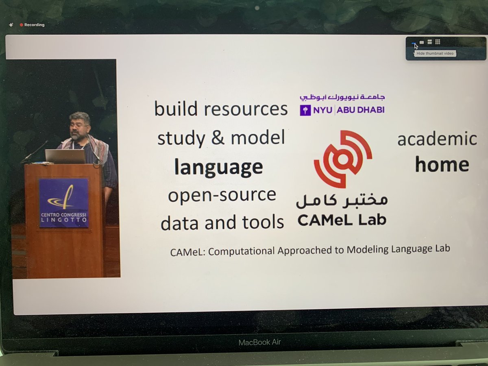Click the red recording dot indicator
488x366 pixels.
[x=22, y=25]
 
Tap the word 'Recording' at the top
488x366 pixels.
[x=34, y=25]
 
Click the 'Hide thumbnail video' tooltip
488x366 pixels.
[x=434, y=54]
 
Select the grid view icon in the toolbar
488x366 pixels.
[x=438, y=42]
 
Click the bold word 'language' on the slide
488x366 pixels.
[x=218, y=167]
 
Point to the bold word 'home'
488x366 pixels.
[x=442, y=164]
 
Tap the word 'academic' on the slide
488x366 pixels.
[x=437, y=139]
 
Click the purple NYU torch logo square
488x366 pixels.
[x=305, y=110]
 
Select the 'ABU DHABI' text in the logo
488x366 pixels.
[x=361, y=110]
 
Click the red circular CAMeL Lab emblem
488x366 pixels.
[x=342, y=159]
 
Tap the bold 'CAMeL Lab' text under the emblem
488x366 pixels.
[x=342, y=220]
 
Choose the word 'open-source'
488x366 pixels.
[x=222, y=195]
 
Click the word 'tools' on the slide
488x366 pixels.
[x=266, y=222]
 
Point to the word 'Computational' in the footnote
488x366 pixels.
[x=242, y=251]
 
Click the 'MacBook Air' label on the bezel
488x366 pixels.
[x=259, y=342]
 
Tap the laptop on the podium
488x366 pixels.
[x=65, y=156]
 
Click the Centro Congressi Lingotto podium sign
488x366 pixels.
[x=64, y=203]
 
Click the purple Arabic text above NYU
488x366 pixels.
[x=342, y=98]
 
